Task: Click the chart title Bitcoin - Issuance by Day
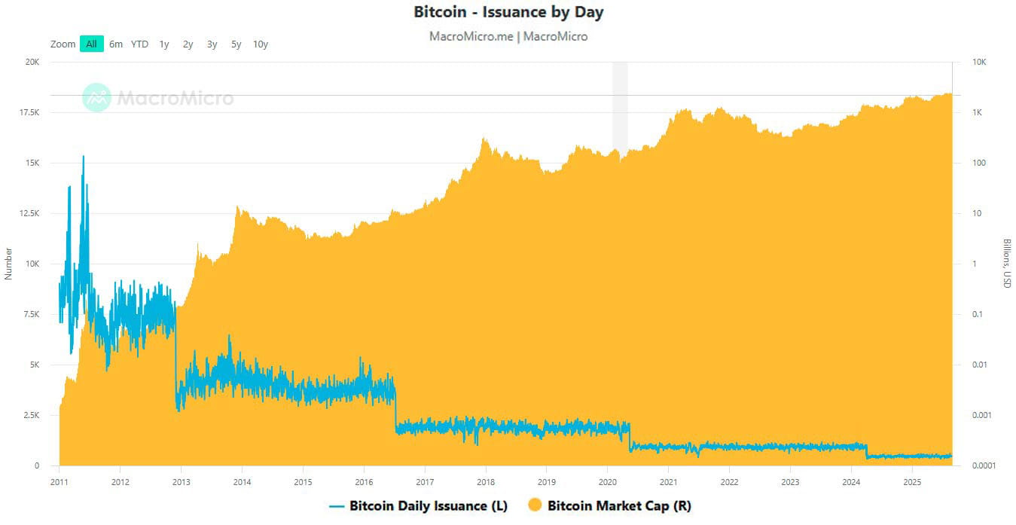[x=508, y=12]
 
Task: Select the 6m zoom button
[x=115, y=44]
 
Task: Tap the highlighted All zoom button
[x=91, y=44]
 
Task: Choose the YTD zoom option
[x=139, y=44]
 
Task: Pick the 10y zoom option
[x=261, y=44]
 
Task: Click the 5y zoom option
[x=236, y=44]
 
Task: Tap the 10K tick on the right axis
[x=980, y=63]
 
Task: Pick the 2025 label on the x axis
[x=912, y=481]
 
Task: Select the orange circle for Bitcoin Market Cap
[x=534, y=506]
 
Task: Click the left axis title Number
[x=9, y=264]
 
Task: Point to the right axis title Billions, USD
[x=1007, y=264]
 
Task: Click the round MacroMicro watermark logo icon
[x=96, y=98]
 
